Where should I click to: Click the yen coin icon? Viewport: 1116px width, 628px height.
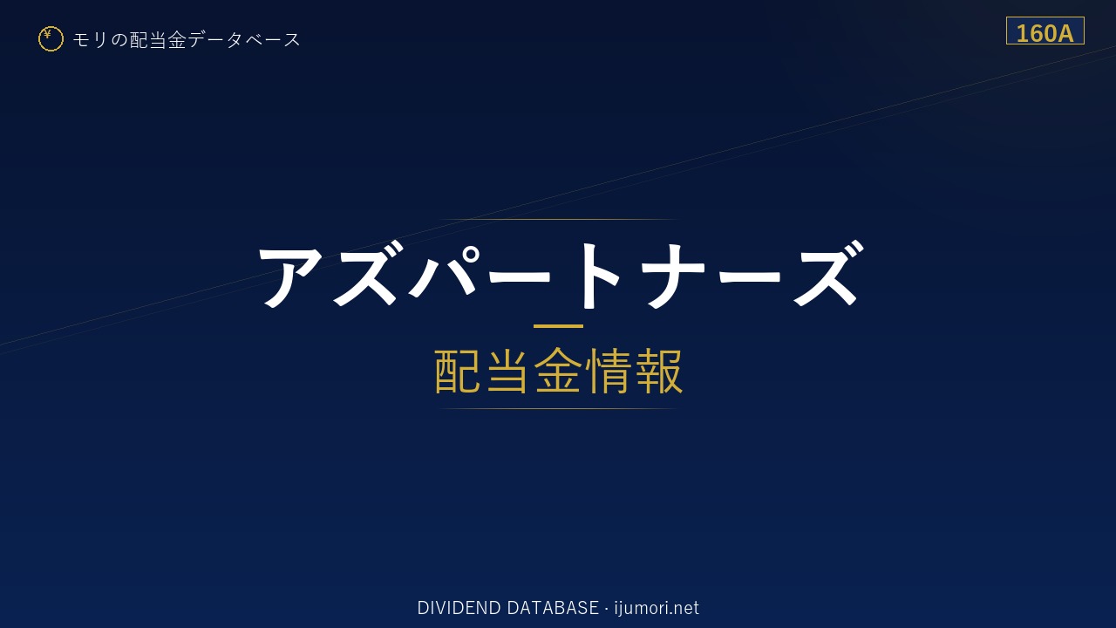click(51, 39)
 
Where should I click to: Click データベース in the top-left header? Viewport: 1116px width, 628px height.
click(244, 40)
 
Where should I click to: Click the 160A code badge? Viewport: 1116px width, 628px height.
click(1045, 31)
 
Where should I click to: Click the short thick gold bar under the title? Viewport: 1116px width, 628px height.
click(558, 326)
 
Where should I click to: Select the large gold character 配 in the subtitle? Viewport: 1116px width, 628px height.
click(458, 372)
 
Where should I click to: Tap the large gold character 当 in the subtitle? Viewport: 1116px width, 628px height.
click(507, 372)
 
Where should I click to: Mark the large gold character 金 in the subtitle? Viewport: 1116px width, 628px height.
click(558, 372)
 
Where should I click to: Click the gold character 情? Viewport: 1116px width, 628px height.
click(608, 372)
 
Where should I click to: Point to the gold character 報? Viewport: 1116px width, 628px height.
click(658, 372)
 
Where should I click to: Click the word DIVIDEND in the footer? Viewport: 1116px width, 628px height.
click(459, 608)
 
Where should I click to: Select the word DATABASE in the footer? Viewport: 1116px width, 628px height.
click(553, 608)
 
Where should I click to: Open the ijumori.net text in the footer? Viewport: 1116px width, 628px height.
click(657, 608)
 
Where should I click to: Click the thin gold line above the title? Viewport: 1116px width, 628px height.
click(558, 219)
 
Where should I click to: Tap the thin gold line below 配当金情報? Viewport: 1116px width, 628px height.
click(558, 409)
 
